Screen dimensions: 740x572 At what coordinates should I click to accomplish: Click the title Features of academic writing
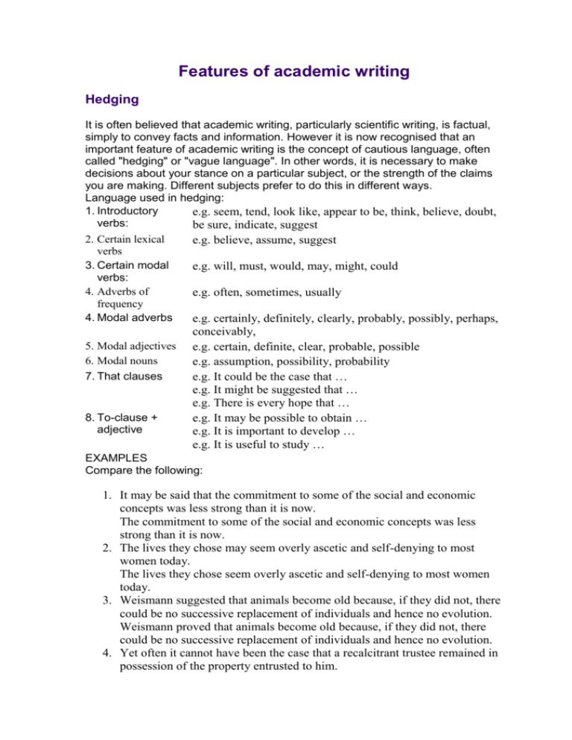tap(285, 71)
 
